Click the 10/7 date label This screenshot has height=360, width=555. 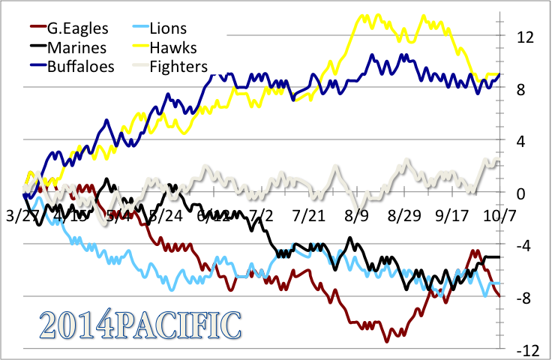pos(499,217)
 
